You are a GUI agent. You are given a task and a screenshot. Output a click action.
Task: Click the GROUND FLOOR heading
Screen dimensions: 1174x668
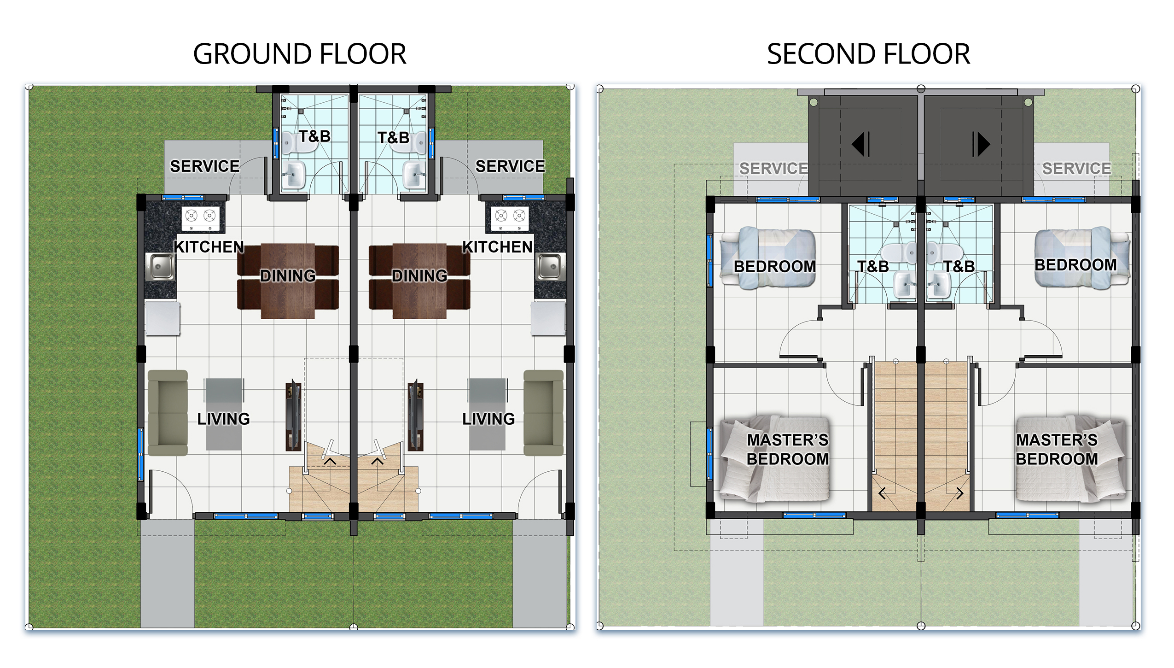[x=300, y=54]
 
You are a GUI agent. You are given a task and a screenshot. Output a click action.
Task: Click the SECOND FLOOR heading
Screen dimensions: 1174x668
[x=868, y=54]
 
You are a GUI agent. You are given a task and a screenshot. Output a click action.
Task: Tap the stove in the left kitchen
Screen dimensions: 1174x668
[x=200, y=218]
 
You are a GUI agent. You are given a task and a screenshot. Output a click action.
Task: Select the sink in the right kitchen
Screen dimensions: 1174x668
[x=550, y=266]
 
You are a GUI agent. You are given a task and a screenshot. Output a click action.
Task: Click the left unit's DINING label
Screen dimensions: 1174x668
[x=288, y=276]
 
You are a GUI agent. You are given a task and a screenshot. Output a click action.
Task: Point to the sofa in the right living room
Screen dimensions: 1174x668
[x=544, y=413]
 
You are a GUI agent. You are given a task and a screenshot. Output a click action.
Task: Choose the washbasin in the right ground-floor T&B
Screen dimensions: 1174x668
[x=415, y=175]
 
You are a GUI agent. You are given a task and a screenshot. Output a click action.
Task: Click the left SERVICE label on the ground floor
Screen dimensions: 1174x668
[x=204, y=166]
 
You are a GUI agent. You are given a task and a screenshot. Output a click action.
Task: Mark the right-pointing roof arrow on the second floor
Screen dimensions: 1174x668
[x=981, y=144]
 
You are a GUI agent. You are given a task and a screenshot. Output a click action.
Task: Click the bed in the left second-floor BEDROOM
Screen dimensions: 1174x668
[x=768, y=258]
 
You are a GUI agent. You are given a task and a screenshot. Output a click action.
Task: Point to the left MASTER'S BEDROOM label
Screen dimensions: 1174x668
[x=787, y=450]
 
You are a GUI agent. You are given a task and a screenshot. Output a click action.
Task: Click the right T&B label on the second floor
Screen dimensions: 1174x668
[x=959, y=266]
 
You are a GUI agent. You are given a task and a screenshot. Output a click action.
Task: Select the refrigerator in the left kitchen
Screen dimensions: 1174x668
[x=163, y=318]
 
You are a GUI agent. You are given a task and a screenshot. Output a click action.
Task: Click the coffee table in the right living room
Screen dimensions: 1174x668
[x=488, y=414]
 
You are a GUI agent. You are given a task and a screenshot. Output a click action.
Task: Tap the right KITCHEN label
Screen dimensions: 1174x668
[x=497, y=247]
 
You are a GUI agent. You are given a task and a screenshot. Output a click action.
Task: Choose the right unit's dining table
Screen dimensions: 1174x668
[x=419, y=281]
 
